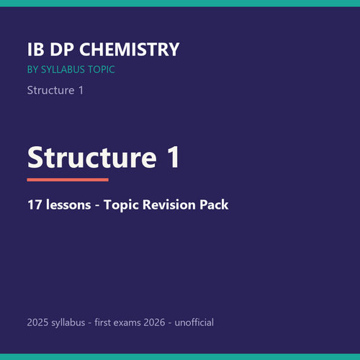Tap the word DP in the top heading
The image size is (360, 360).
tap(62, 50)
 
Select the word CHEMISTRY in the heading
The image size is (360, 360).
tap(130, 50)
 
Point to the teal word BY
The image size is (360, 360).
tap(32, 70)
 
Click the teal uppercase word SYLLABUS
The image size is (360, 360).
tap(63, 70)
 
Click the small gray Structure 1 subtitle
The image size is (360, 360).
tap(55, 90)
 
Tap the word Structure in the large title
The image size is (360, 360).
tap(92, 158)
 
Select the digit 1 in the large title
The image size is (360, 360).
tap(174, 157)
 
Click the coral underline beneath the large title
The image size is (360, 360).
tap(68, 180)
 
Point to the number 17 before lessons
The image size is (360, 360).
tap(35, 204)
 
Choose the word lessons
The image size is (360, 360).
tap(68, 204)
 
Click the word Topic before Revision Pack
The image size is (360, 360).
tap(122, 205)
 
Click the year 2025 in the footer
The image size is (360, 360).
tap(37, 323)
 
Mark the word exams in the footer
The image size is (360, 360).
tap(127, 323)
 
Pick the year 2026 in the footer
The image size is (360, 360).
tap(154, 323)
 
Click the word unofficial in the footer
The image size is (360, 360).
tap(194, 323)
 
